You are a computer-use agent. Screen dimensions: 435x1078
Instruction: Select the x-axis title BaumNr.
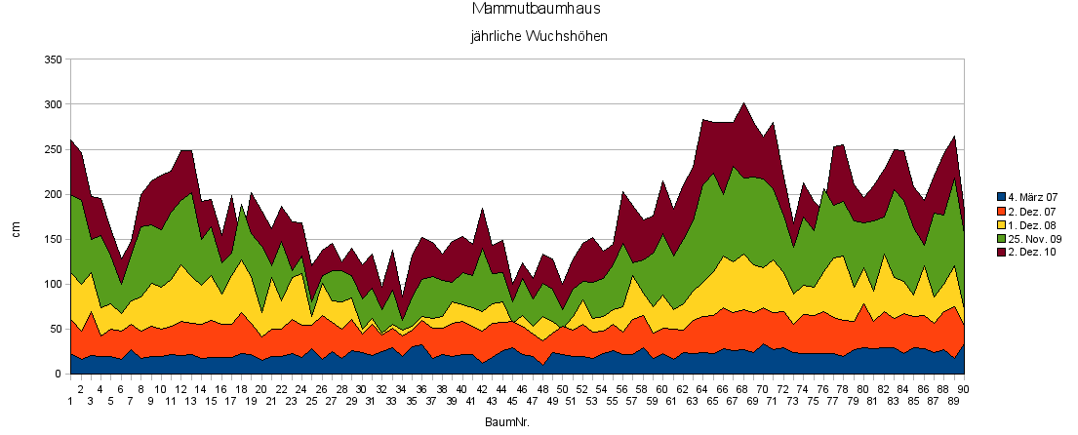pyautogui.click(x=507, y=422)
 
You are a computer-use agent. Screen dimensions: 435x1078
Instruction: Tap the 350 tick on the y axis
pyautogui.click(x=54, y=60)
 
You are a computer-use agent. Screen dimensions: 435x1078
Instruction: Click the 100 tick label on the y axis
pyautogui.click(x=54, y=285)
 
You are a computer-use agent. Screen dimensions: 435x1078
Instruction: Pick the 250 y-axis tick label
pyautogui.click(x=54, y=150)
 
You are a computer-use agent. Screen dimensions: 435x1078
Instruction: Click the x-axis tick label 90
pyautogui.click(x=964, y=389)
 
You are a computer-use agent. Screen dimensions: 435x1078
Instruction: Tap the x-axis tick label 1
pyautogui.click(x=70, y=400)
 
